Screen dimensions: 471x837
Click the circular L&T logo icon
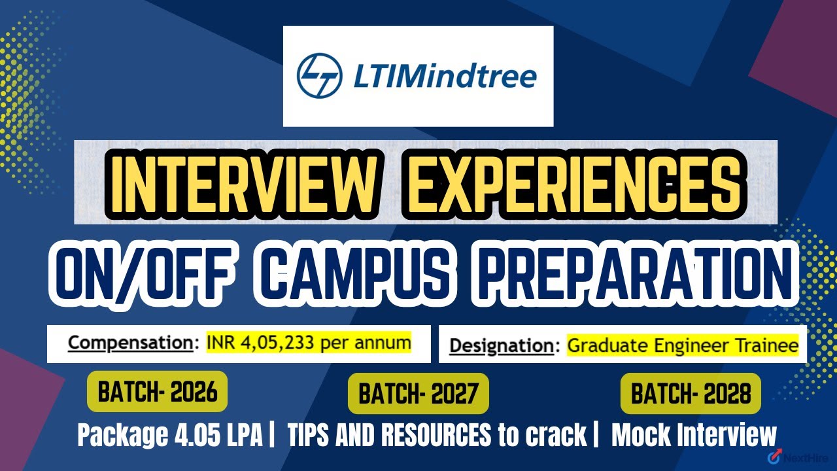318,76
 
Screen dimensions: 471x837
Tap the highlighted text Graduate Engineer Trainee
683,345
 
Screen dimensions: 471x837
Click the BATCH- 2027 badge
418,394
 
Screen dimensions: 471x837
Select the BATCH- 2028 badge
691,394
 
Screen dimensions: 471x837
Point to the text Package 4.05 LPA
171,436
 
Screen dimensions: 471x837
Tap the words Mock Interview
694,436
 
